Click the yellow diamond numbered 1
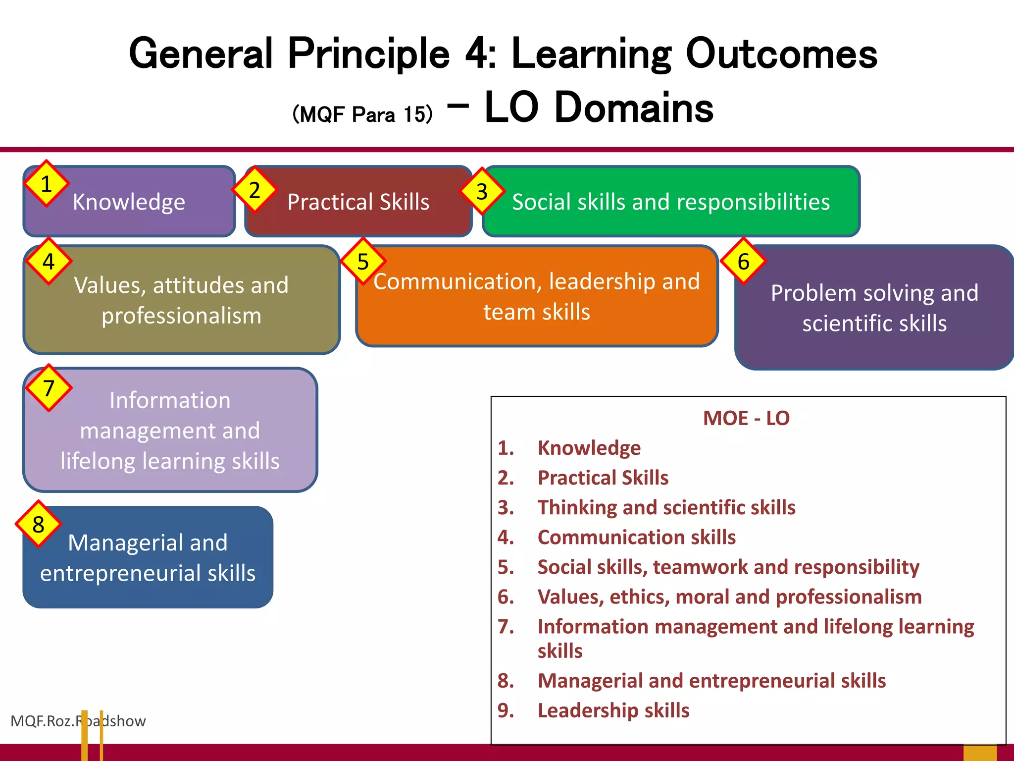pos(46,184)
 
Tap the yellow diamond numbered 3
pos(482,192)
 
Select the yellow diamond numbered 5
pos(363,262)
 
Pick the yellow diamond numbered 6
pos(743,262)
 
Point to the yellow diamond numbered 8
pos(38,525)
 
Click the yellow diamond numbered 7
pos(49,388)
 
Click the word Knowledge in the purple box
pos(129,202)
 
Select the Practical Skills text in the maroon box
pos(358,202)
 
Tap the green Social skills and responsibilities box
pos(670,202)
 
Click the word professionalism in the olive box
pos(181,316)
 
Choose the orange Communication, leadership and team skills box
pos(537,296)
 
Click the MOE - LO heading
pos(746,418)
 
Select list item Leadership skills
pos(613,710)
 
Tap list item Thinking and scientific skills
pos(666,507)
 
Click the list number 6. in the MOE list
pos(506,597)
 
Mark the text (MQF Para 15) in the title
pos(362,114)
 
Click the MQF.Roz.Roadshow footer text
pos(78,721)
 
